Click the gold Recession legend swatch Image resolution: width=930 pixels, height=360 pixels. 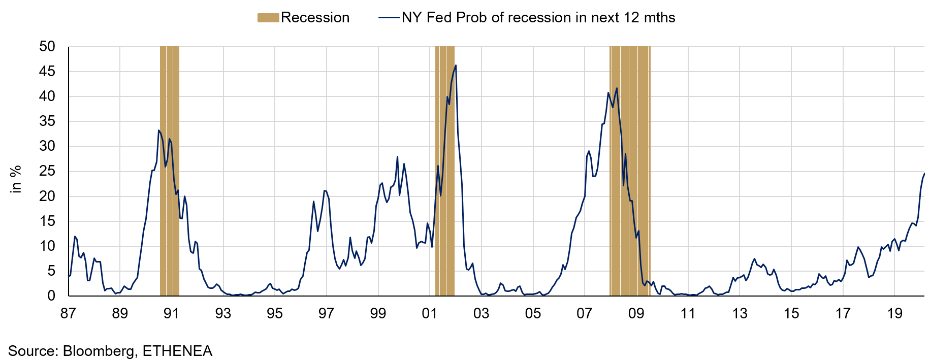point(268,18)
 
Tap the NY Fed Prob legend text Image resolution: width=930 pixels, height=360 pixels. point(538,18)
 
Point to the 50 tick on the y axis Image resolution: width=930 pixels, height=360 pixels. point(47,47)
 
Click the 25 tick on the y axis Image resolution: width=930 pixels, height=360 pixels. point(47,171)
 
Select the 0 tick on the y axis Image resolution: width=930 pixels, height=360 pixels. point(51,296)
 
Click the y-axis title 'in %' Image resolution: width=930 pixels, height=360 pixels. point(16,179)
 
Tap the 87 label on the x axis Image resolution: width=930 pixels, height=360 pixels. point(68,313)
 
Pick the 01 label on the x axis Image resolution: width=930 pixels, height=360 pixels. point(430,313)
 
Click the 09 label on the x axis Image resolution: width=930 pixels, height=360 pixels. point(636,313)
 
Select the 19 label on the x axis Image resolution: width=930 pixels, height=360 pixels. point(894,313)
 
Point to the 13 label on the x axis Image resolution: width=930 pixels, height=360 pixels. point(740,313)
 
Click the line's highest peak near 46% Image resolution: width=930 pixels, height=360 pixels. point(456,65)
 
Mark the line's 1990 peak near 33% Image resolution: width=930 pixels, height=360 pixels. point(158,130)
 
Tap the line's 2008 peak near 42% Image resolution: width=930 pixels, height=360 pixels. point(617,88)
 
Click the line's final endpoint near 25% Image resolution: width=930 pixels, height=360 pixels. point(924,174)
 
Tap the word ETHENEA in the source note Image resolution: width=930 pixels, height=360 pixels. point(177,351)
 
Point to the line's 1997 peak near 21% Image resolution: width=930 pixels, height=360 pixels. point(325,191)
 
